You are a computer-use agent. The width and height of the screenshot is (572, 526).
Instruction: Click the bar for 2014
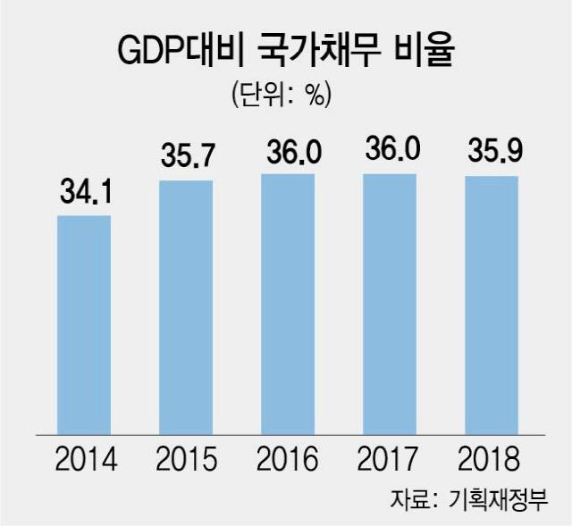[x=84, y=324]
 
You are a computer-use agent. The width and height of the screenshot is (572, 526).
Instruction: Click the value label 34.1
[x=84, y=191]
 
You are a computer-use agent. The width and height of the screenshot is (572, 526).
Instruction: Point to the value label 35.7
[x=186, y=157]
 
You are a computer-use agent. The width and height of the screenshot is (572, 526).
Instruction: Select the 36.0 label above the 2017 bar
[x=390, y=151]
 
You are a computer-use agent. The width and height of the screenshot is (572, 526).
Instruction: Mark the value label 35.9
[x=491, y=153]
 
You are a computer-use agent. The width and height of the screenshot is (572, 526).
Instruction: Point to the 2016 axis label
[x=288, y=461]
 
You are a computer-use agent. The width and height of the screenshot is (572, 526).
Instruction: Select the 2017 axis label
[x=390, y=461]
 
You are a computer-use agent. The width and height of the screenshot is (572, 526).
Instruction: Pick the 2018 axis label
[x=491, y=461]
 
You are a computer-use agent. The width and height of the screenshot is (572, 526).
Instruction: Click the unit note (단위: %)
[x=287, y=94]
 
